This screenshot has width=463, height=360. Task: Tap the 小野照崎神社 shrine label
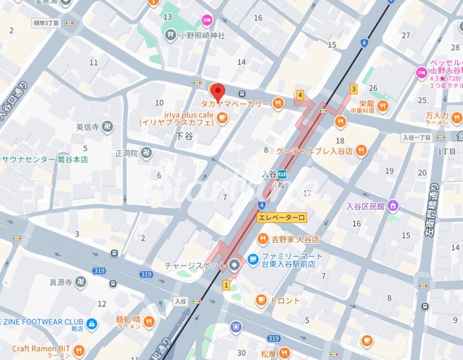point(202,35)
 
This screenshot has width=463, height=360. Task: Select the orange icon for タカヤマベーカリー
point(278,103)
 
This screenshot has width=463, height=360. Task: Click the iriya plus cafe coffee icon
point(222,117)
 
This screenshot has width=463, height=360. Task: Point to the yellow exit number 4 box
point(300,95)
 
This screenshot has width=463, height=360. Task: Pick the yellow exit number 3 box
point(353,89)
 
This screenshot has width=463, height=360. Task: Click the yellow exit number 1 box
point(226,284)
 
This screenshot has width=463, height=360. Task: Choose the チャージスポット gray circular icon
point(234,265)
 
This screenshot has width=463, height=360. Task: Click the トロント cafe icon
point(261,300)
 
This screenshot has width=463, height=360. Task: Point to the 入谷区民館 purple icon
point(392,206)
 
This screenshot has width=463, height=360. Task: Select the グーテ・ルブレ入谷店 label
point(314,151)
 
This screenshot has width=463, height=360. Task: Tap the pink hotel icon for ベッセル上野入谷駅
point(421,73)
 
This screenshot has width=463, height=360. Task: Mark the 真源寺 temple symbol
point(80,283)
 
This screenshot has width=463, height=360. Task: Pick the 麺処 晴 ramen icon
point(149,322)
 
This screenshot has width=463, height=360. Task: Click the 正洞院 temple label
point(126,154)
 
